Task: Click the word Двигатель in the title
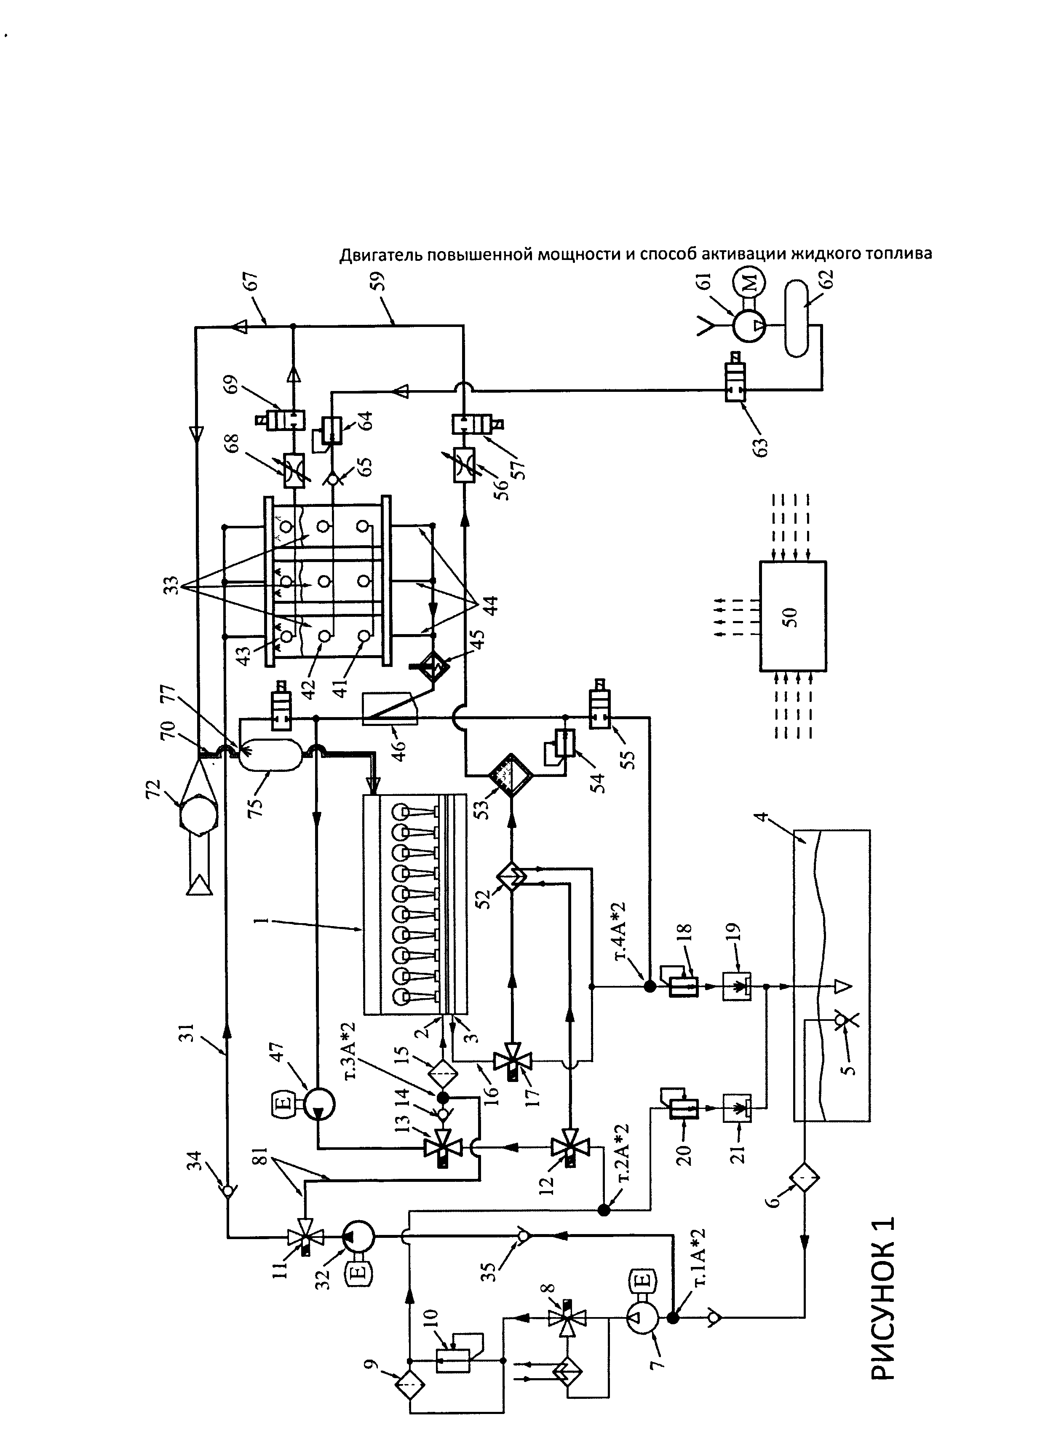[x=380, y=255]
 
